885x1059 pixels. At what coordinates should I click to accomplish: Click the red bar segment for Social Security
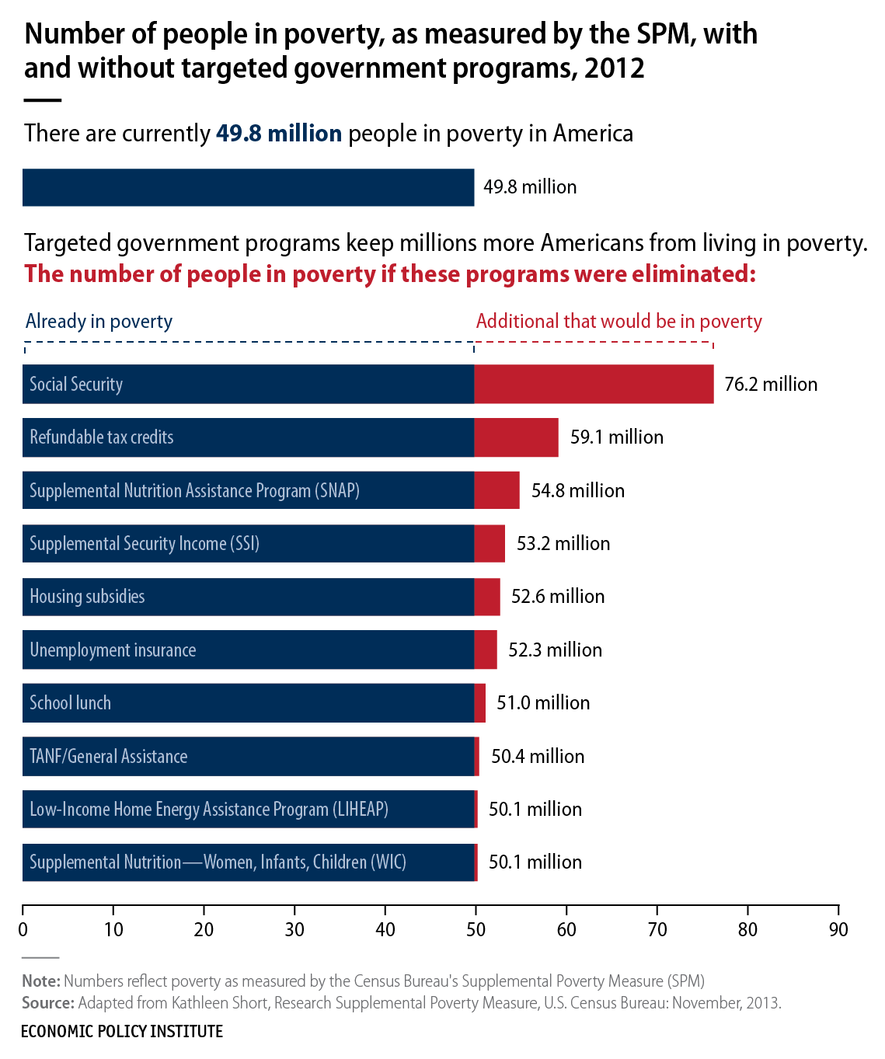[x=594, y=384]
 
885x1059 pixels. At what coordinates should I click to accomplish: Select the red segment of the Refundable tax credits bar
[x=516, y=437]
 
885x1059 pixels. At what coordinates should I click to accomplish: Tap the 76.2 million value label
[x=771, y=385]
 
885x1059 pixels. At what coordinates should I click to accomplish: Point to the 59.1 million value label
[x=617, y=437]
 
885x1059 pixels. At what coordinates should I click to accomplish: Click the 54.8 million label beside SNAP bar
[x=578, y=491]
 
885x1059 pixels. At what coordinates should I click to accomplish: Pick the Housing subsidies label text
[x=87, y=597]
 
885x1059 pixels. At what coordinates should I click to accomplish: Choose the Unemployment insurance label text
[x=113, y=650]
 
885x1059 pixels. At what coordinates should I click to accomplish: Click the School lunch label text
[x=70, y=703]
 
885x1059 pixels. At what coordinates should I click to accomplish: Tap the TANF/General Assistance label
[x=108, y=757]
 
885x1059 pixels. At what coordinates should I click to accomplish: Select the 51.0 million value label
[x=543, y=703]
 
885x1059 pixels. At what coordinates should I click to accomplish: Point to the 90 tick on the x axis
[x=838, y=929]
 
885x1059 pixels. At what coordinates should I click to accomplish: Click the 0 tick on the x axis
[x=23, y=929]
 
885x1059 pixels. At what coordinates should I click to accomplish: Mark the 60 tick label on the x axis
[x=566, y=929]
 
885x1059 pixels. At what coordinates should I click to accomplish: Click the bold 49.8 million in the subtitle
[x=279, y=134]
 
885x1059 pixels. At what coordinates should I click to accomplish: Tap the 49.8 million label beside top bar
[x=530, y=187]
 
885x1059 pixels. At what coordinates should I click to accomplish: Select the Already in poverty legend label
[x=99, y=322]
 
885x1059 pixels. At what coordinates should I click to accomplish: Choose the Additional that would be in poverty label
[x=618, y=322]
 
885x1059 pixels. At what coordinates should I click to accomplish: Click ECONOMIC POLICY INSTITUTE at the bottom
[x=122, y=1032]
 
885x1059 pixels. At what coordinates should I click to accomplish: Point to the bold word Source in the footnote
[x=48, y=1003]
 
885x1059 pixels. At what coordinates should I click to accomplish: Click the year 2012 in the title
[x=615, y=68]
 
